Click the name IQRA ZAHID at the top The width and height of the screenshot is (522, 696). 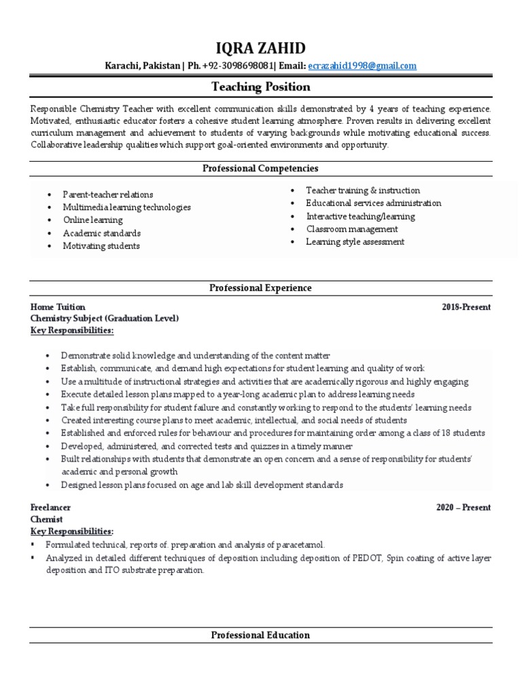pyautogui.click(x=260, y=48)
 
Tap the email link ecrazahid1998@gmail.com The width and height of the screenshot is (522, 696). pyautogui.click(x=362, y=66)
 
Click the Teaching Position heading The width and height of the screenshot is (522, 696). pyautogui.click(x=260, y=86)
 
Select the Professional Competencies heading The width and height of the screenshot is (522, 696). pyautogui.click(x=260, y=168)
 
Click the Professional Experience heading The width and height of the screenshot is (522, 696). pyautogui.click(x=260, y=288)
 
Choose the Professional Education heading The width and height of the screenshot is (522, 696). pyautogui.click(x=260, y=635)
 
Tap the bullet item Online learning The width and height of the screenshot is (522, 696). pyautogui.click(x=93, y=220)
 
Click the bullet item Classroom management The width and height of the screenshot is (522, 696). pyautogui.click(x=351, y=229)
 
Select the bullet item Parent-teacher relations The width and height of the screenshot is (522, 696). pyautogui.click(x=108, y=194)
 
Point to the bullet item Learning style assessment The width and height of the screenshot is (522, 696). pyautogui.click(x=355, y=242)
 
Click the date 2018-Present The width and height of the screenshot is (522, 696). pyautogui.click(x=466, y=307)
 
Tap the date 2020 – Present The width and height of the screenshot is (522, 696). pyautogui.click(x=463, y=508)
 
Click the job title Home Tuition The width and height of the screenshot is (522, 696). pyautogui.click(x=58, y=307)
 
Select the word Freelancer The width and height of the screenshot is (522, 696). pyautogui.click(x=51, y=508)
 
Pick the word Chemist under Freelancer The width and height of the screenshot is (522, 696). pyautogui.click(x=47, y=519)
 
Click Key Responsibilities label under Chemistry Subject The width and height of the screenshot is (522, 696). pyautogui.click(x=72, y=330)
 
